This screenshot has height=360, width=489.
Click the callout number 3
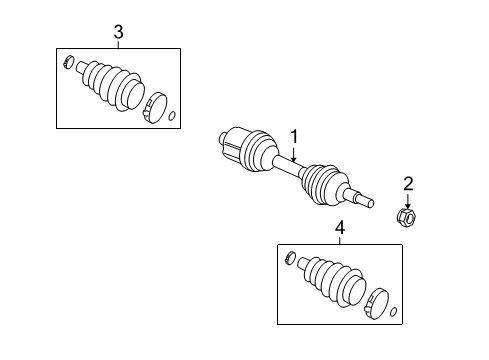pos(118,33)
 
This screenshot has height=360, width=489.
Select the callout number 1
pos(295,136)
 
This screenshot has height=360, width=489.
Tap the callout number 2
pos(407,182)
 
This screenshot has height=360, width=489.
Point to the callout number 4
pos(339,229)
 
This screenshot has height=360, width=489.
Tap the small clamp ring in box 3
pos(68,65)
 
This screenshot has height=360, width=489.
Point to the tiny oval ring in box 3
pos(171,117)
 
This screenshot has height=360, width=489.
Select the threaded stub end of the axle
pos(365,200)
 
